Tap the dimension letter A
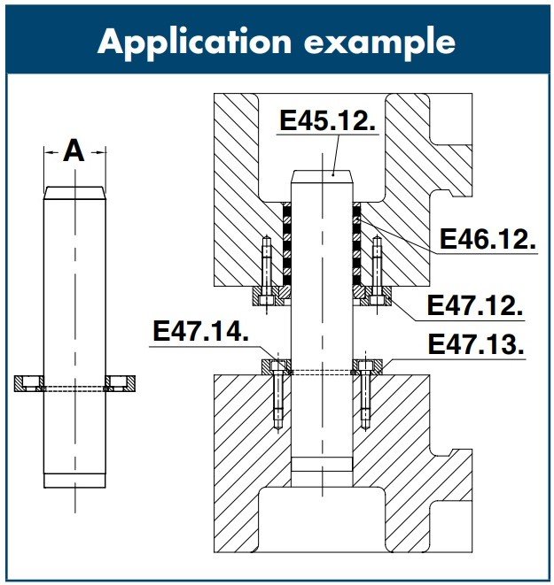pyautogui.click(x=74, y=151)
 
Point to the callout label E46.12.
pyautogui.click(x=488, y=240)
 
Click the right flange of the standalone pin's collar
pyautogui.click(x=120, y=383)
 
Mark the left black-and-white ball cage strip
pyautogui.click(x=287, y=244)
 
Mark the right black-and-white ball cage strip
pyautogui.click(x=356, y=244)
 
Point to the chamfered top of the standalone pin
pyautogui.click(x=74, y=192)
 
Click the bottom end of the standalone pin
pyautogui.click(x=74, y=481)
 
